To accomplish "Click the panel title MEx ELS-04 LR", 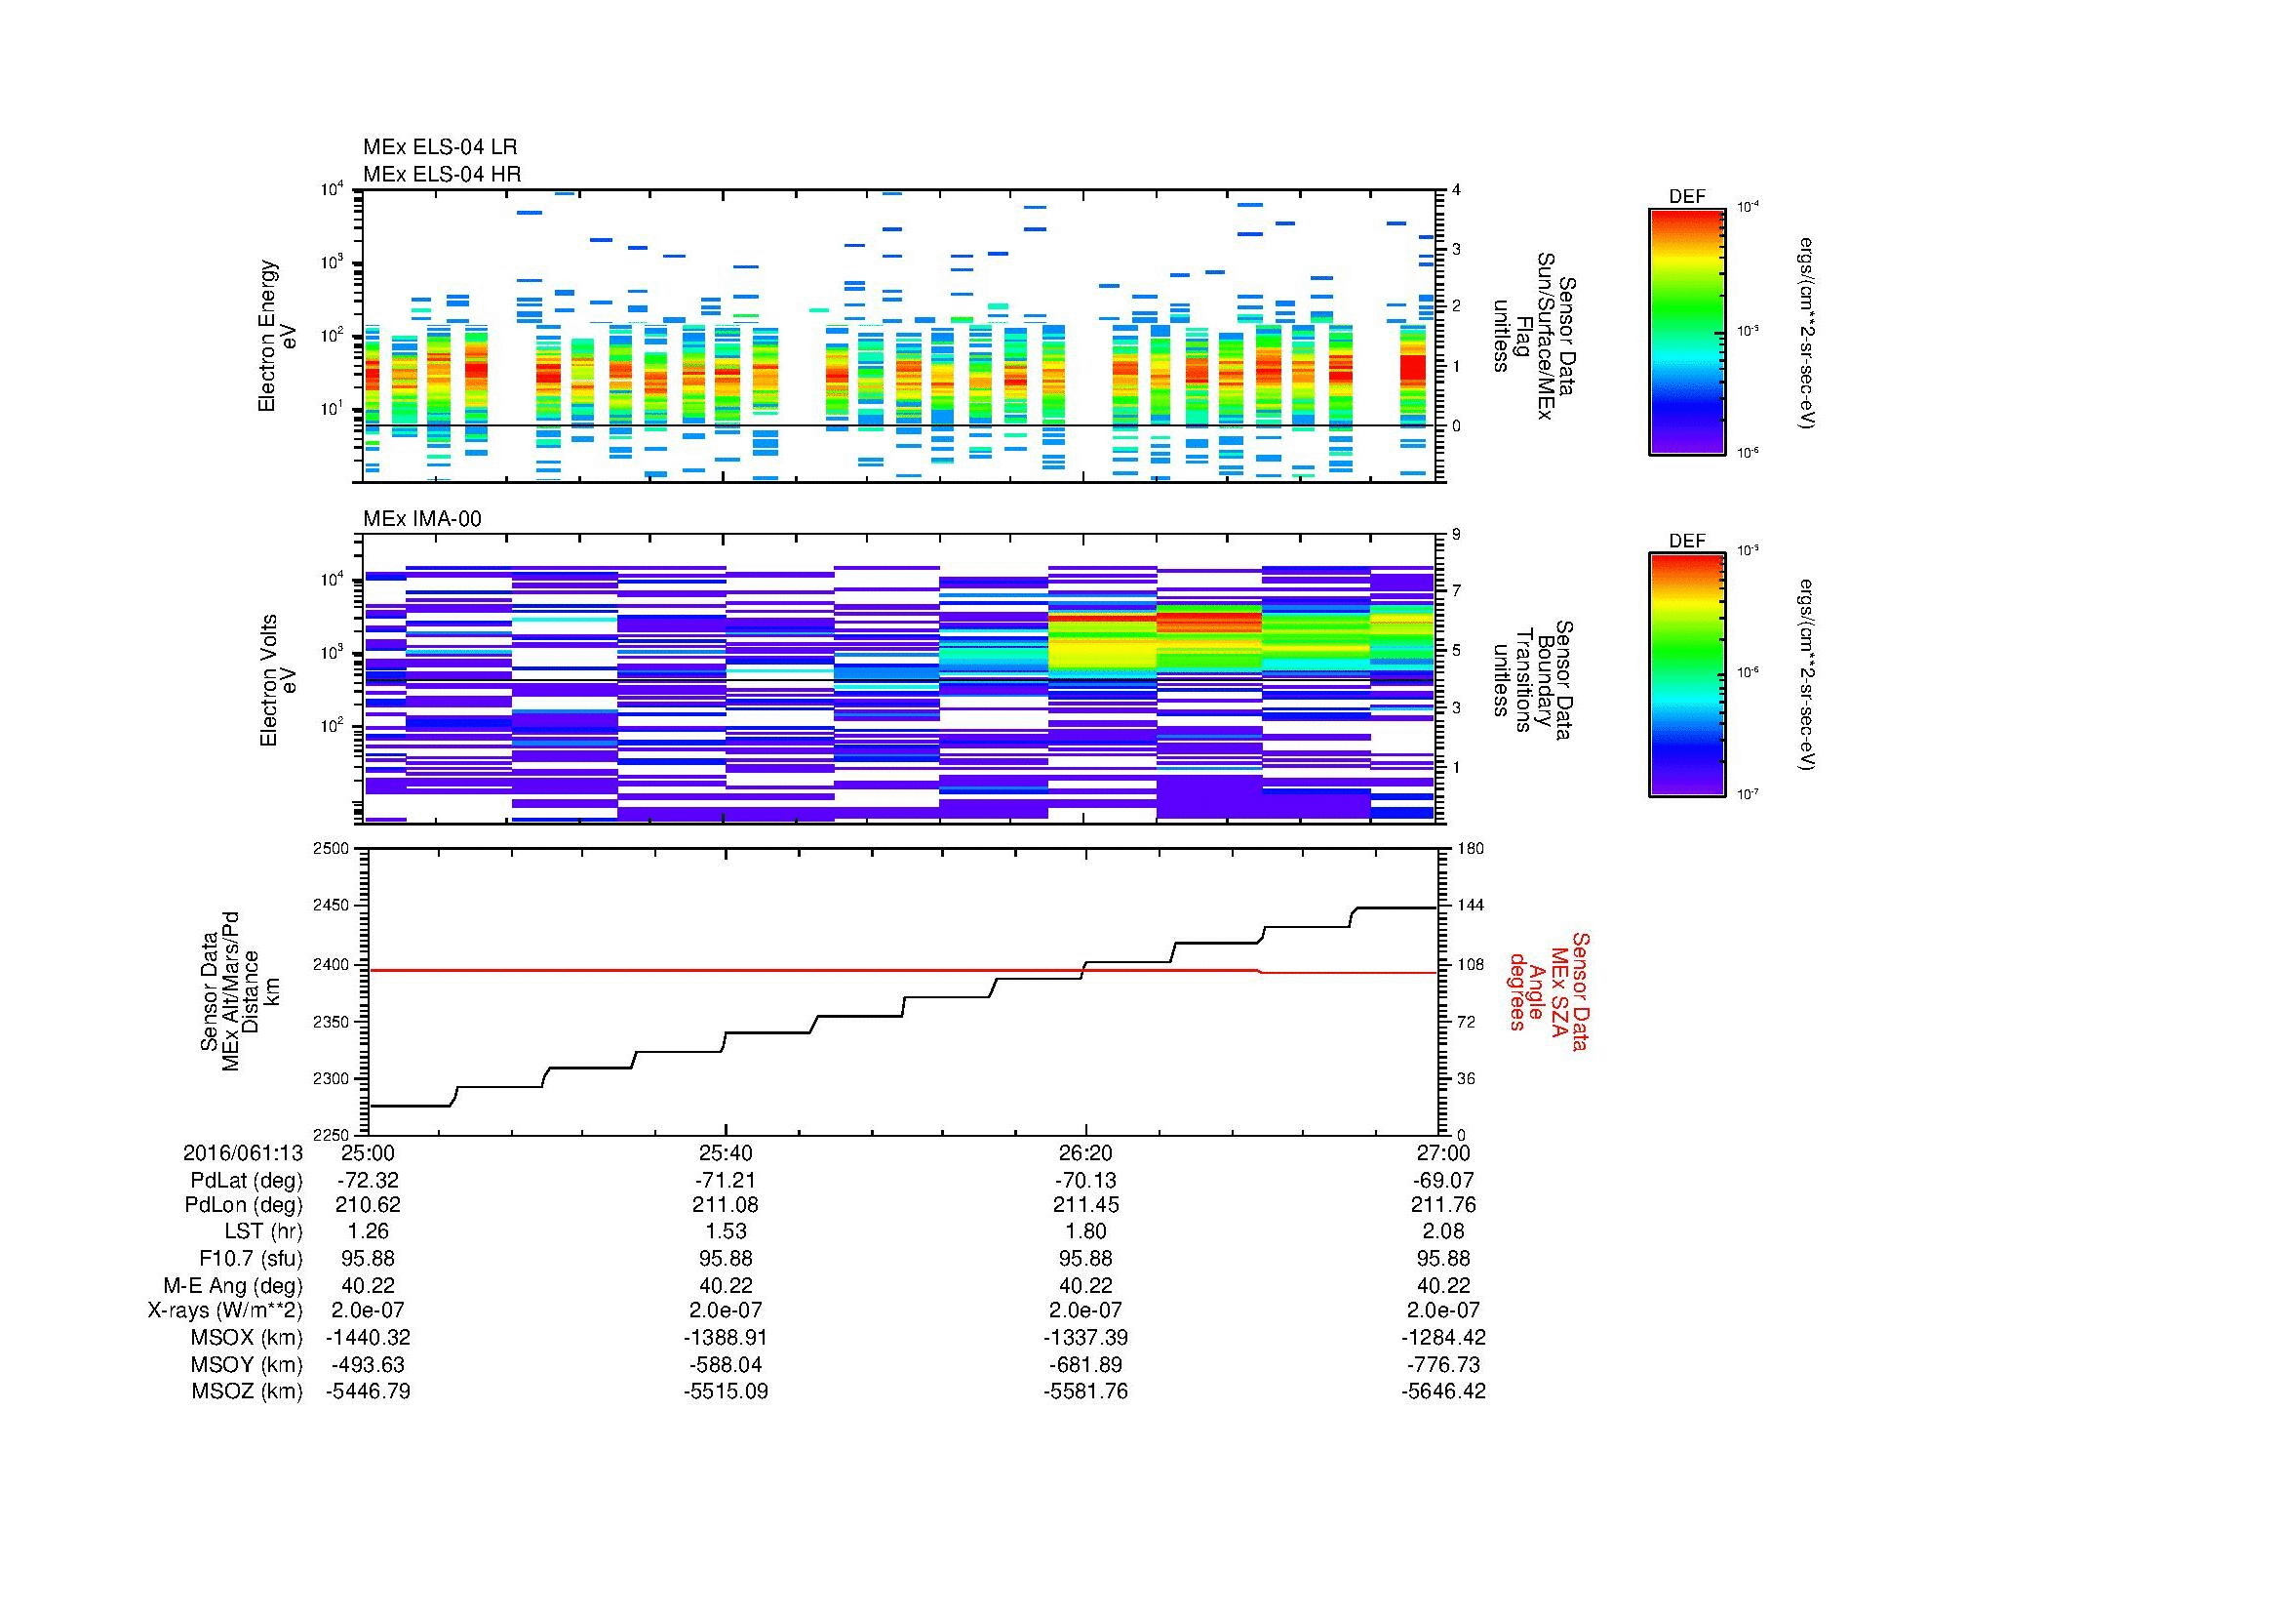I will (x=439, y=147).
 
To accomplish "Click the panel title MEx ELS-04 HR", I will (x=441, y=174).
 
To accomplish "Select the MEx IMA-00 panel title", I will (x=421, y=519).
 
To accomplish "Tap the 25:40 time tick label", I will (x=727, y=1152).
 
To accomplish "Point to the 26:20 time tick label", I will (x=1084, y=1152).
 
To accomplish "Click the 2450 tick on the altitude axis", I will (x=332, y=907).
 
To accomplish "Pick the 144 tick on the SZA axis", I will (x=1470, y=907).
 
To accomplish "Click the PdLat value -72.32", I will (x=368, y=1181).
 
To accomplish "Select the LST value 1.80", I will (x=1084, y=1231).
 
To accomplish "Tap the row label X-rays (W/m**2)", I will (x=224, y=1311).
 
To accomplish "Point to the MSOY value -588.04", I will (x=727, y=1364).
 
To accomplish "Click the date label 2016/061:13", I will (x=243, y=1152).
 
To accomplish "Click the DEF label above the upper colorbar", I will (x=1686, y=197).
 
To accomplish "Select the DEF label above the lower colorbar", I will (x=1686, y=542).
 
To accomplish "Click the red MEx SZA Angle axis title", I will (x=1548, y=990).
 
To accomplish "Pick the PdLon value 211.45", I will (x=1084, y=1205).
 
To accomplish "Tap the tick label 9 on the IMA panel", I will (x=1456, y=535).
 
